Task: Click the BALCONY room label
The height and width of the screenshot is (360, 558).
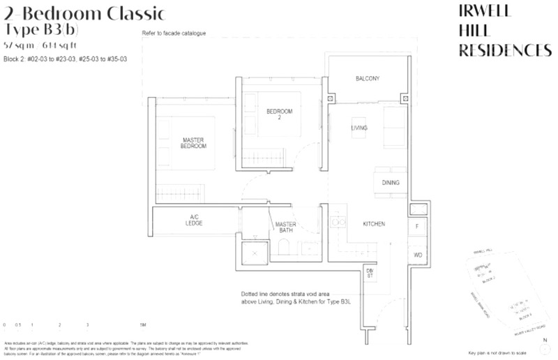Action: (367, 79)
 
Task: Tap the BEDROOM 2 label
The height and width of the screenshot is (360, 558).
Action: (279, 115)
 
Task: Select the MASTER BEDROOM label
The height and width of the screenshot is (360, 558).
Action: (193, 143)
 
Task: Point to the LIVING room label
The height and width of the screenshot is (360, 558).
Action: (359, 128)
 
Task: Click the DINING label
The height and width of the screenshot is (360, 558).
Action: (390, 183)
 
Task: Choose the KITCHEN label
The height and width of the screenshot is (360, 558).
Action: (375, 224)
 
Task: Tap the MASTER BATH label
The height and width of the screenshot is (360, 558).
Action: (286, 228)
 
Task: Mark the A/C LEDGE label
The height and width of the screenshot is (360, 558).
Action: (195, 220)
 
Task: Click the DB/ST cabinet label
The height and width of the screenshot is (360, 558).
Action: (370, 274)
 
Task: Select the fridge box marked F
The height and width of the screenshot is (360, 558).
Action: (417, 227)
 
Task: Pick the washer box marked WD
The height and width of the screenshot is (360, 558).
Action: (418, 255)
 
